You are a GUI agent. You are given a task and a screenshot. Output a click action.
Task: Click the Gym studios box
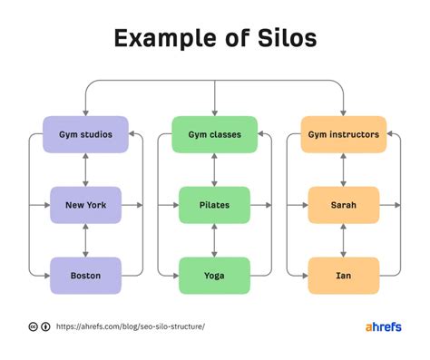(85, 134)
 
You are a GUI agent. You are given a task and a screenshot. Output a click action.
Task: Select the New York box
(85, 205)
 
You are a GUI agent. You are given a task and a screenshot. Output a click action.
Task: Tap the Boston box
(85, 275)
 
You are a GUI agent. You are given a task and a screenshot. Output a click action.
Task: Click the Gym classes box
(214, 134)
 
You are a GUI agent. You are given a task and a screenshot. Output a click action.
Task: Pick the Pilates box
(214, 205)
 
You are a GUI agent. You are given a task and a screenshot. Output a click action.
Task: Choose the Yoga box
(214, 275)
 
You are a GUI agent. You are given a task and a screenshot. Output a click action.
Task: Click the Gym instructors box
(343, 134)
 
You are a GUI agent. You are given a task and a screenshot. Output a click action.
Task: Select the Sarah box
(343, 205)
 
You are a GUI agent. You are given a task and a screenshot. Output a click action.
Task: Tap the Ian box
(343, 275)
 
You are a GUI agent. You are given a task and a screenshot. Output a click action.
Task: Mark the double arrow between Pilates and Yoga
(214, 240)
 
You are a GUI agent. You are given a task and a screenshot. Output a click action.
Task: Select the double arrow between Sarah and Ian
(343, 240)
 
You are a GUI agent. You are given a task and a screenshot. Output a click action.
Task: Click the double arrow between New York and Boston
(85, 240)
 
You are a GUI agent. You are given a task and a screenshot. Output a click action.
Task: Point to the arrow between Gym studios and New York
(85, 170)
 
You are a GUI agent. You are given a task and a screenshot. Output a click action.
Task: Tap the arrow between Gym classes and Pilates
(214, 170)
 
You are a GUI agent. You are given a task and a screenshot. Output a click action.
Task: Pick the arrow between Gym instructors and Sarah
(343, 170)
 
